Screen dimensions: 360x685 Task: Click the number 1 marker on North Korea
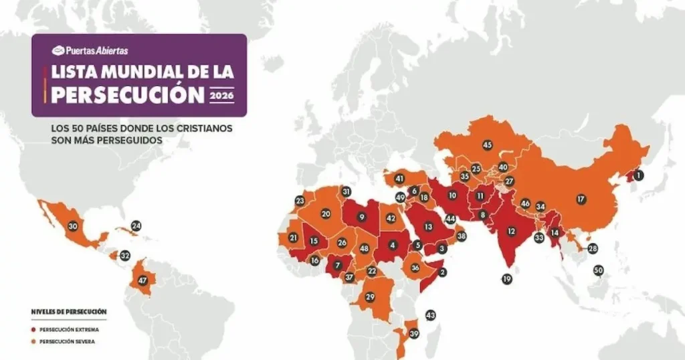click(x=638, y=175)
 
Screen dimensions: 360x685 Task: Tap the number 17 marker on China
click(x=581, y=199)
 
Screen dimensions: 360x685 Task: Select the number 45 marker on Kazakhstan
click(x=487, y=145)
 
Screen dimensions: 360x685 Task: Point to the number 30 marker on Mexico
click(x=73, y=227)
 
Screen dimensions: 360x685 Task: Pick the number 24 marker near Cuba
click(x=136, y=226)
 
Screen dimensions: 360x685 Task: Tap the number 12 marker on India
click(x=511, y=232)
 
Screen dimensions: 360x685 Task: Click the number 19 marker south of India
click(x=506, y=279)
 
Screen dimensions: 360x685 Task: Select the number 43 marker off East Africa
click(x=430, y=315)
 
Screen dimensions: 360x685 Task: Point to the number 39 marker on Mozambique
click(x=414, y=335)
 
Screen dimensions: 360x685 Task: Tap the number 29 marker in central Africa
click(x=370, y=296)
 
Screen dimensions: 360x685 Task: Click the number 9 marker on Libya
click(x=361, y=217)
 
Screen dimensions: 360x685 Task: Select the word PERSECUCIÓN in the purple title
click(x=127, y=94)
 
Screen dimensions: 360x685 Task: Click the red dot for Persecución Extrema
click(x=33, y=329)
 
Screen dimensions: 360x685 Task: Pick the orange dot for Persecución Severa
click(x=33, y=341)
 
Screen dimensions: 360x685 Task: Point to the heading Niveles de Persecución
click(x=69, y=312)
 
